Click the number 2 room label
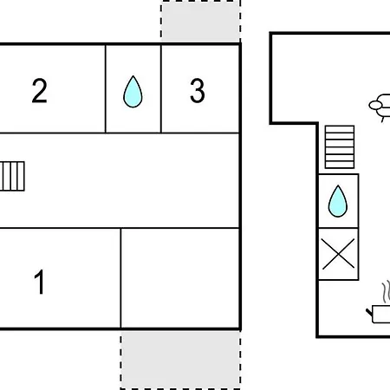tap(39, 90)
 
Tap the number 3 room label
tap(198, 91)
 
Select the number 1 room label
tap(40, 282)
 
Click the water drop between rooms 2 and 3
tap(133, 92)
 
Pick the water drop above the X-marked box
tap(338, 201)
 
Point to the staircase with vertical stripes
tap(12, 176)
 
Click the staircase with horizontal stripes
tap(340, 146)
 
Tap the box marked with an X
tap(338, 254)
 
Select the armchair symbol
tap(380, 107)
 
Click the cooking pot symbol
tap(380, 314)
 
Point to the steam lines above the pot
tap(386, 292)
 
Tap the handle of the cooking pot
tap(369, 312)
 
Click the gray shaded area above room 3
tap(201, 21)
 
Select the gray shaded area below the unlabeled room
tap(180, 360)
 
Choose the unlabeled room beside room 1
tap(180, 278)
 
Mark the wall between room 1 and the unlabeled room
tap(120, 278)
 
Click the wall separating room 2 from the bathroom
tap(106, 88)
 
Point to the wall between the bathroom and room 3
tap(161, 88)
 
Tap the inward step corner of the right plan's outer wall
tap(317, 123)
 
